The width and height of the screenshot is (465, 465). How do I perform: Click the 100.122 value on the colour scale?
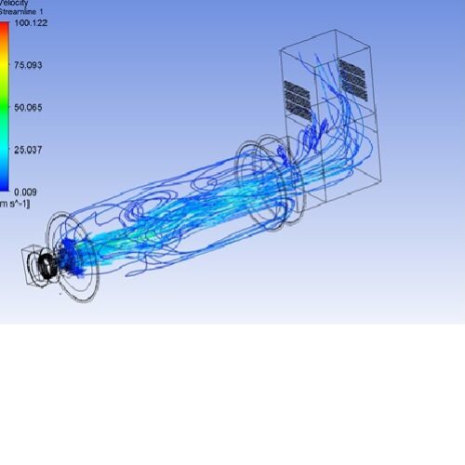(30, 22)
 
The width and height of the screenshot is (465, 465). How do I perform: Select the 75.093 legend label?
(28, 65)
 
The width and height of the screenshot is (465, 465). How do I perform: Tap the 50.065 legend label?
(28, 108)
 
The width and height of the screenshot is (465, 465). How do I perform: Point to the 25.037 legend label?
(28, 150)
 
